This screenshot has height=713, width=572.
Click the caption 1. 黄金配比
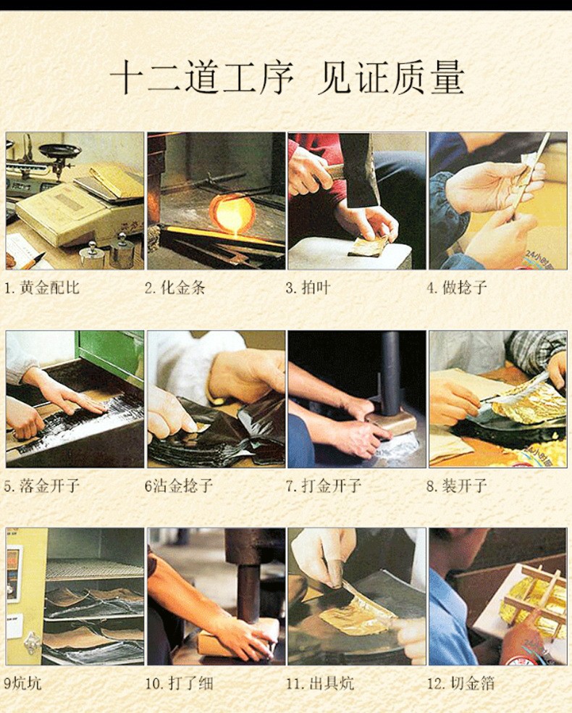point(42,288)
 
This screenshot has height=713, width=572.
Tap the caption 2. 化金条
point(175,288)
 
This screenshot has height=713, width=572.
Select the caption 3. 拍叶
point(308,288)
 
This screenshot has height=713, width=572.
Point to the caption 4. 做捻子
point(457,288)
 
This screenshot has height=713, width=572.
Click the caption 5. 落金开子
point(42,485)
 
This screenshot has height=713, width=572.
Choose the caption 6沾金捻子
point(179,485)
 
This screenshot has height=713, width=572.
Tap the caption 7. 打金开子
point(324,485)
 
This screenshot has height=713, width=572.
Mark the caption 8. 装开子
point(457,485)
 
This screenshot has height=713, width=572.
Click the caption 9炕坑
point(22,683)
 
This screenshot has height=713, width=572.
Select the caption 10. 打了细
point(179,683)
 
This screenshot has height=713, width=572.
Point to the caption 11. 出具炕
point(320,683)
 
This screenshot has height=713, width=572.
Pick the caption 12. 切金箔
point(460,683)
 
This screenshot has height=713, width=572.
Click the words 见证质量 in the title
point(391,78)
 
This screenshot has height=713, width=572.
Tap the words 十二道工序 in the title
point(202,78)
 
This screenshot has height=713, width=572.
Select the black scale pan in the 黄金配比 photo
point(59,151)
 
